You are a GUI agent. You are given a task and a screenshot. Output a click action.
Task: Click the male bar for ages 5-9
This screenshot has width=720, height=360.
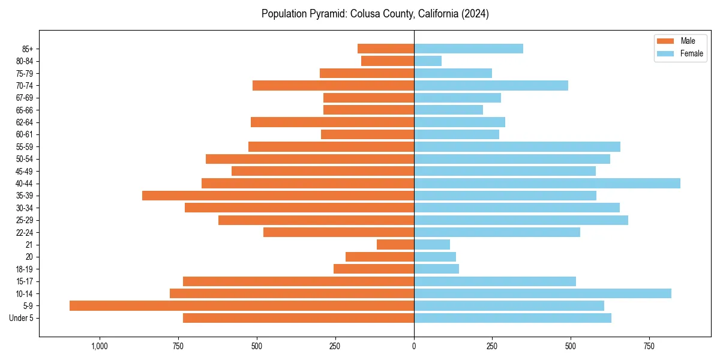click(242, 305)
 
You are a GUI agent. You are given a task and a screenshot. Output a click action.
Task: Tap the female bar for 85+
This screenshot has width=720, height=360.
click(469, 49)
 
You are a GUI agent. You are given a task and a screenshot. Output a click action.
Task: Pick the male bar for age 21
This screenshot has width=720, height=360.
click(395, 244)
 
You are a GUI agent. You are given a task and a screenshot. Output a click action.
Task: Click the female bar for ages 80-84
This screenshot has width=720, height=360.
click(428, 61)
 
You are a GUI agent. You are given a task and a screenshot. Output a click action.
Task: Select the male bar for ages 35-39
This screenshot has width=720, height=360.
click(278, 196)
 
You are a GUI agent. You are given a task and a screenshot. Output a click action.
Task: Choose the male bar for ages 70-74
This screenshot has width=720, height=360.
click(333, 85)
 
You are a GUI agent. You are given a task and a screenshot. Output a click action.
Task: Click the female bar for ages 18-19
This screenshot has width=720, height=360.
click(436, 269)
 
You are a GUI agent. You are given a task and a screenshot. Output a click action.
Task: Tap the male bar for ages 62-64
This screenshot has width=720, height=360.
click(332, 122)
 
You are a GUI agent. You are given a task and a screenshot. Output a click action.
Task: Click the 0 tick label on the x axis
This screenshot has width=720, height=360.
click(414, 346)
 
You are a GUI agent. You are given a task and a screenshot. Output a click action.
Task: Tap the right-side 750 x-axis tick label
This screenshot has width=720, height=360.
click(649, 346)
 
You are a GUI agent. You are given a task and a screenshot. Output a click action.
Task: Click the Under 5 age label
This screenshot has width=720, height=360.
click(22, 318)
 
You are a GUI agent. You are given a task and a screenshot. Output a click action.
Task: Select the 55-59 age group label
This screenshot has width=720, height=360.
click(25, 146)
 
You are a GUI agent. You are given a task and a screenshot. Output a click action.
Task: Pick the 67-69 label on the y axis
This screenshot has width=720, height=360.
click(25, 98)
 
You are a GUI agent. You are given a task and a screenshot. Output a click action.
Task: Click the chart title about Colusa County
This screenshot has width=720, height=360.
click(375, 14)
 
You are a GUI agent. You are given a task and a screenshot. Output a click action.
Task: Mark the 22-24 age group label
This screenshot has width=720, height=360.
click(25, 232)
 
